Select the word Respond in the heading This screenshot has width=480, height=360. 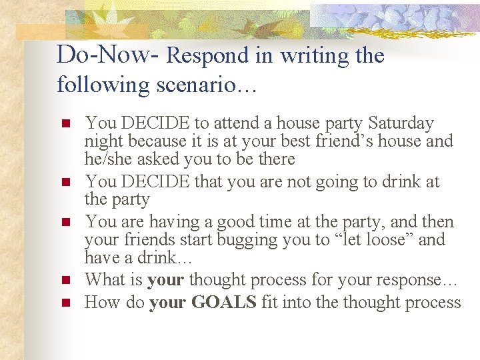tap(206, 56)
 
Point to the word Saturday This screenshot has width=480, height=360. tap(401, 123)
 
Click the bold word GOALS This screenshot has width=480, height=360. tap(223, 302)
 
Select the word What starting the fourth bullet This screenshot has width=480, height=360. tap(105, 279)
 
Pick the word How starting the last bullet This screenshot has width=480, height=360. tap(102, 302)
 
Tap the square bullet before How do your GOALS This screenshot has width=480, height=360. tap(65, 303)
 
